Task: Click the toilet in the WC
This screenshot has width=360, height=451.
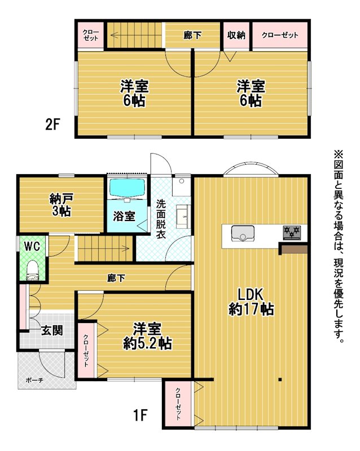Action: tap(32, 271)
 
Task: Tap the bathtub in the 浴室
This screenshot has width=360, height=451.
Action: tap(127, 188)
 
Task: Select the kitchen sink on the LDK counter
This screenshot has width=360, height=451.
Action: tap(243, 233)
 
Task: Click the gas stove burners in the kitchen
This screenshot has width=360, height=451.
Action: tap(292, 232)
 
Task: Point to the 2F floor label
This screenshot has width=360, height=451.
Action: tap(52, 124)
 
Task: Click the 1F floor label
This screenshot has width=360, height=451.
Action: tap(141, 415)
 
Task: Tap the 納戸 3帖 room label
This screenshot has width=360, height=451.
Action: tap(62, 205)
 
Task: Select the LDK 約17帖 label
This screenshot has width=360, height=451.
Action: tap(251, 302)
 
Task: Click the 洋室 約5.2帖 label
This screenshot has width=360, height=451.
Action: tap(147, 336)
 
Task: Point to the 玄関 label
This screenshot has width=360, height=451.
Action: tap(52, 330)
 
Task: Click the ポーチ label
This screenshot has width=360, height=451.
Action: tap(34, 380)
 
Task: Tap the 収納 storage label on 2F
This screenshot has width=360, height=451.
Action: tap(236, 35)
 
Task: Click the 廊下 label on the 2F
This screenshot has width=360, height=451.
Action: tap(192, 36)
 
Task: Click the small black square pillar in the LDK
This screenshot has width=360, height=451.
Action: tap(280, 379)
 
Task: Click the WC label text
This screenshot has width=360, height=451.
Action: tap(32, 246)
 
